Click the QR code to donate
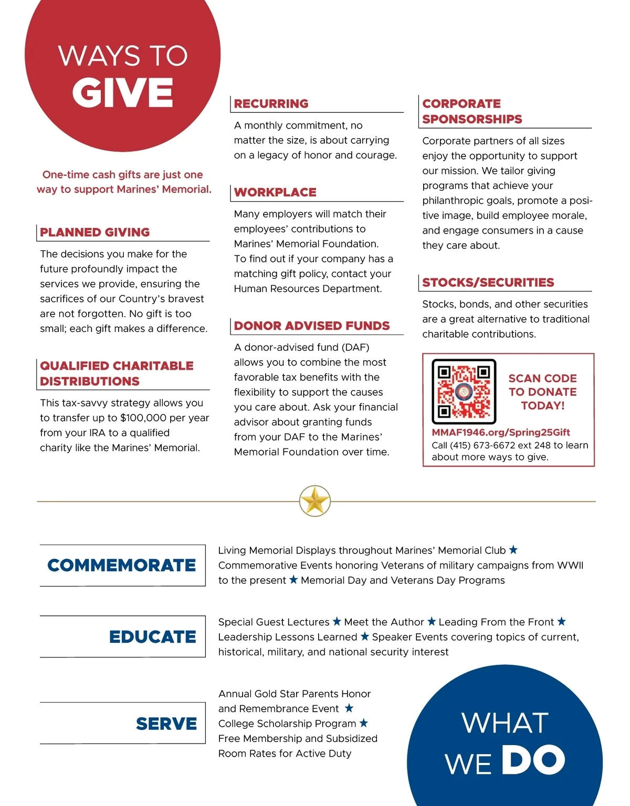coord(464,391)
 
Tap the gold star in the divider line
coord(315,501)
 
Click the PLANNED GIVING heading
coord(95,232)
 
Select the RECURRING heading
coord(271,103)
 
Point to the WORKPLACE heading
coord(275,192)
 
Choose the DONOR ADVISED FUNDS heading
coord(312,326)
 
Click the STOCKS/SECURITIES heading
coord(488,282)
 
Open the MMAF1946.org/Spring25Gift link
coord(500,432)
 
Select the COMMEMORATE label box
coord(122,565)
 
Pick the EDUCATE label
coord(152,636)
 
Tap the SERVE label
coord(166,724)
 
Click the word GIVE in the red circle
coord(123,92)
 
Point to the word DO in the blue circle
coord(532,760)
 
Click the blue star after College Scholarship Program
coord(364,723)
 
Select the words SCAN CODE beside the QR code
coord(542,378)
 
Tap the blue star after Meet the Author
coord(432,622)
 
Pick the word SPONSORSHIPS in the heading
coord(472,119)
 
